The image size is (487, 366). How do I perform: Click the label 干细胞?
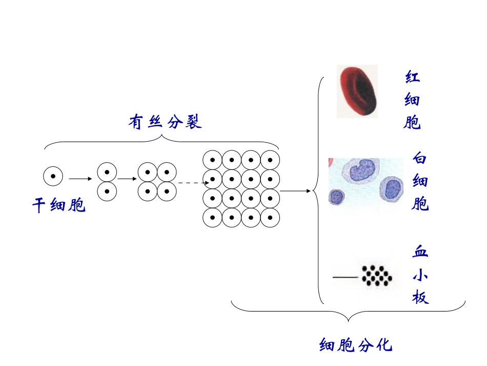[59, 205]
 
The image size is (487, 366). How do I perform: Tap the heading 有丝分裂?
[165, 122]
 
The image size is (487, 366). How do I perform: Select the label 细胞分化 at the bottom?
[355, 344]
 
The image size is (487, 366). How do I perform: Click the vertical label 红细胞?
[413, 101]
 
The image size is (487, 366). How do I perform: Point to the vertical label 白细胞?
[420, 181]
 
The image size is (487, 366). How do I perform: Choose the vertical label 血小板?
[420, 275]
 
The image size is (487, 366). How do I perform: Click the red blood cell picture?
[358, 91]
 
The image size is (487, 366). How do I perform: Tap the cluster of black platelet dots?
[378, 276]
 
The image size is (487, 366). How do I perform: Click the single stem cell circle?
[53, 177]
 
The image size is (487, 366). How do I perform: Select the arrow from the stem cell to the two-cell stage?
[80, 179]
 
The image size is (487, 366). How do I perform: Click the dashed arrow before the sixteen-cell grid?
[193, 182]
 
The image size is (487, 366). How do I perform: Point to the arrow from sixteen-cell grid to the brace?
[296, 191]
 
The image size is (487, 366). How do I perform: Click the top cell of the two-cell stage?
[107, 171]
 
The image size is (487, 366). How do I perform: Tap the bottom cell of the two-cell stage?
[107, 191]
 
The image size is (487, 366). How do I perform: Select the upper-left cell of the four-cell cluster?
[148, 171]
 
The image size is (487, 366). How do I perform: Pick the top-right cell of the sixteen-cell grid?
[270, 159]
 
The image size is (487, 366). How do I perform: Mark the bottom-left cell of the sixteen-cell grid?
[212, 218]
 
